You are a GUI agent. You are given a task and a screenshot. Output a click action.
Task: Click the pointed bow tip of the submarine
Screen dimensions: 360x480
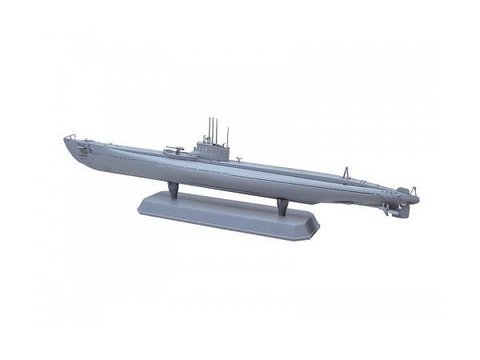[65, 141]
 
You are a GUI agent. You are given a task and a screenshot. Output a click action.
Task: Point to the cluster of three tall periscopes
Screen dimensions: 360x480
[212, 128]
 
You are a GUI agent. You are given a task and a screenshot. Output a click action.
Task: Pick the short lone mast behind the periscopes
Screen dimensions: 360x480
[227, 134]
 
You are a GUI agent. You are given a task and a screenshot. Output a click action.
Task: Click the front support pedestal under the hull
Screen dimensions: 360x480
[173, 190]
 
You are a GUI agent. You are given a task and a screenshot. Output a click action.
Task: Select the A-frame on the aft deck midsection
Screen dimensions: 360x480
[345, 173]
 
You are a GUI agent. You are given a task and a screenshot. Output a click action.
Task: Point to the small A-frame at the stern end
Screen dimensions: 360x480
[402, 191]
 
